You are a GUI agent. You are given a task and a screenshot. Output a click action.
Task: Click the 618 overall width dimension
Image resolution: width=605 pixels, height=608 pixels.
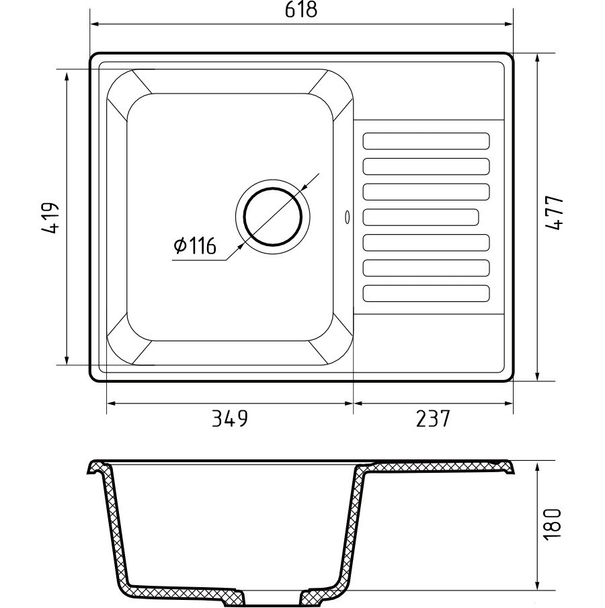301,9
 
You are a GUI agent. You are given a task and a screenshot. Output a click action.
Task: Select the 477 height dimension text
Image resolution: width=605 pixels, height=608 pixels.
553,213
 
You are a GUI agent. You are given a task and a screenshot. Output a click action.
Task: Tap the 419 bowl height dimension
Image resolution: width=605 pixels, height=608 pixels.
50,217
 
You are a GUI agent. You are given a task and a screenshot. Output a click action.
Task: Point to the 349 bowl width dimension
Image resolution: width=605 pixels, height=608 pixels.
229,418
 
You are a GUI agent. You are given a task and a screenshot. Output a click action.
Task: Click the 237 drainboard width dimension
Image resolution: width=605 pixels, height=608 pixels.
433,418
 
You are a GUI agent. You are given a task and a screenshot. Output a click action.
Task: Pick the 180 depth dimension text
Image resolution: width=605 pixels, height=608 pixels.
552,523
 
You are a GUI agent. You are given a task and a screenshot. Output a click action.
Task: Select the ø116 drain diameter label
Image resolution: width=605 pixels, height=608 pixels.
194,245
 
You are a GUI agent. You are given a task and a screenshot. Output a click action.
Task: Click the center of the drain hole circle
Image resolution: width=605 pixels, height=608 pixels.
273,217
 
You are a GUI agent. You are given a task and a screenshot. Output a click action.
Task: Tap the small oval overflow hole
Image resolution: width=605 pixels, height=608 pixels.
346,217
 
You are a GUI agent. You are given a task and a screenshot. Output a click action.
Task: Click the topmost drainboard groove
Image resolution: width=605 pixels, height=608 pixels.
426,141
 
